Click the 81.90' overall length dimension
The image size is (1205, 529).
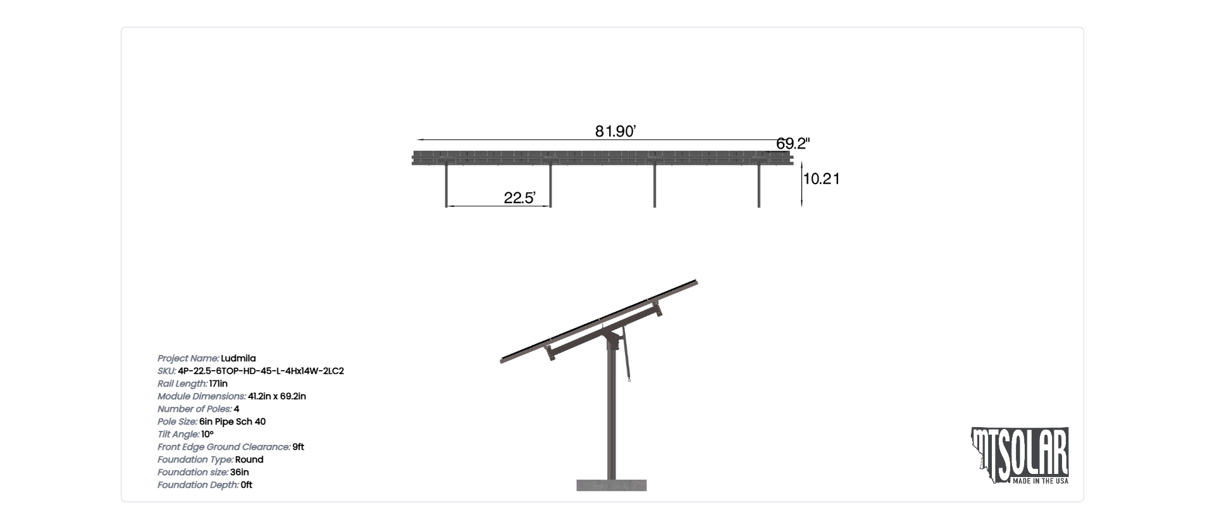[x=615, y=132]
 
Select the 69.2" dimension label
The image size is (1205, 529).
[x=793, y=144]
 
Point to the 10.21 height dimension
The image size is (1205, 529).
[x=821, y=179]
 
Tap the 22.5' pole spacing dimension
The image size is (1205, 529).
[x=519, y=198]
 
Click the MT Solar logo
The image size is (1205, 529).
[x=1020, y=456]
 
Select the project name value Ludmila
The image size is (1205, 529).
[x=238, y=358]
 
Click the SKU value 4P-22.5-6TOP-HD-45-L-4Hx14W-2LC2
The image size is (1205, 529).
[x=261, y=371]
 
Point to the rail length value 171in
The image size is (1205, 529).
[x=218, y=383]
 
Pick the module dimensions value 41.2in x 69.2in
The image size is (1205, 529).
[x=277, y=396]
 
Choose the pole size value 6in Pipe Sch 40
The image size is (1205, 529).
[x=232, y=421]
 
